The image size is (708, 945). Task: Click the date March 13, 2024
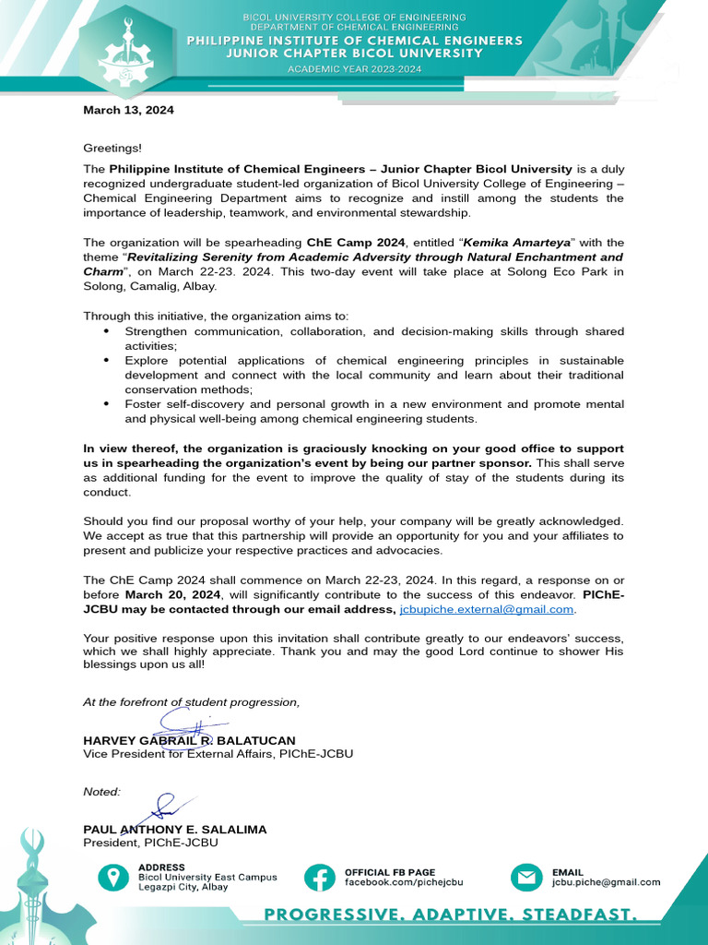pyautogui.click(x=128, y=110)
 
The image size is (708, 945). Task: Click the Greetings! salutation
pyautogui.click(x=112, y=148)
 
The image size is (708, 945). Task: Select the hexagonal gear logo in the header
pyautogui.click(x=135, y=53)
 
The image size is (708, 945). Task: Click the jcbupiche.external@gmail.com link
pyautogui.click(x=487, y=610)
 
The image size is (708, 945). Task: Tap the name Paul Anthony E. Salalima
pyautogui.click(x=174, y=830)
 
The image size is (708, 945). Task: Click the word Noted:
pyautogui.click(x=101, y=792)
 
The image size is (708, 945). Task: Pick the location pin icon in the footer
pyautogui.click(x=113, y=877)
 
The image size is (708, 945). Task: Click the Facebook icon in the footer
pyautogui.click(x=320, y=877)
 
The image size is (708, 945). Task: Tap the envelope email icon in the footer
pyautogui.click(x=527, y=877)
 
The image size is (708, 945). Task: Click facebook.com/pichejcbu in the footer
pyautogui.click(x=404, y=882)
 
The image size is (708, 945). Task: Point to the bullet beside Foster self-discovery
pyautogui.click(x=106, y=404)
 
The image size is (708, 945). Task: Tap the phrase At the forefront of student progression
pyautogui.click(x=191, y=702)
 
